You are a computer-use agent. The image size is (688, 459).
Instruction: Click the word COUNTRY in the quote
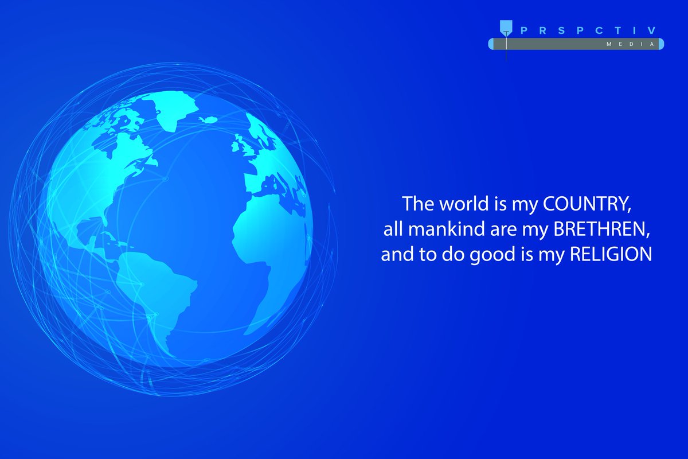pyautogui.click(x=591, y=204)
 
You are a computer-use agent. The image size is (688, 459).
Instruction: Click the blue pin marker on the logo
pyautogui.click(x=506, y=26)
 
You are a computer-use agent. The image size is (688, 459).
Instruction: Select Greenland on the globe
pyautogui.click(x=172, y=109)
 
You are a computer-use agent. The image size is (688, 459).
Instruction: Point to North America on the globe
pyautogui.click(x=103, y=166)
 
